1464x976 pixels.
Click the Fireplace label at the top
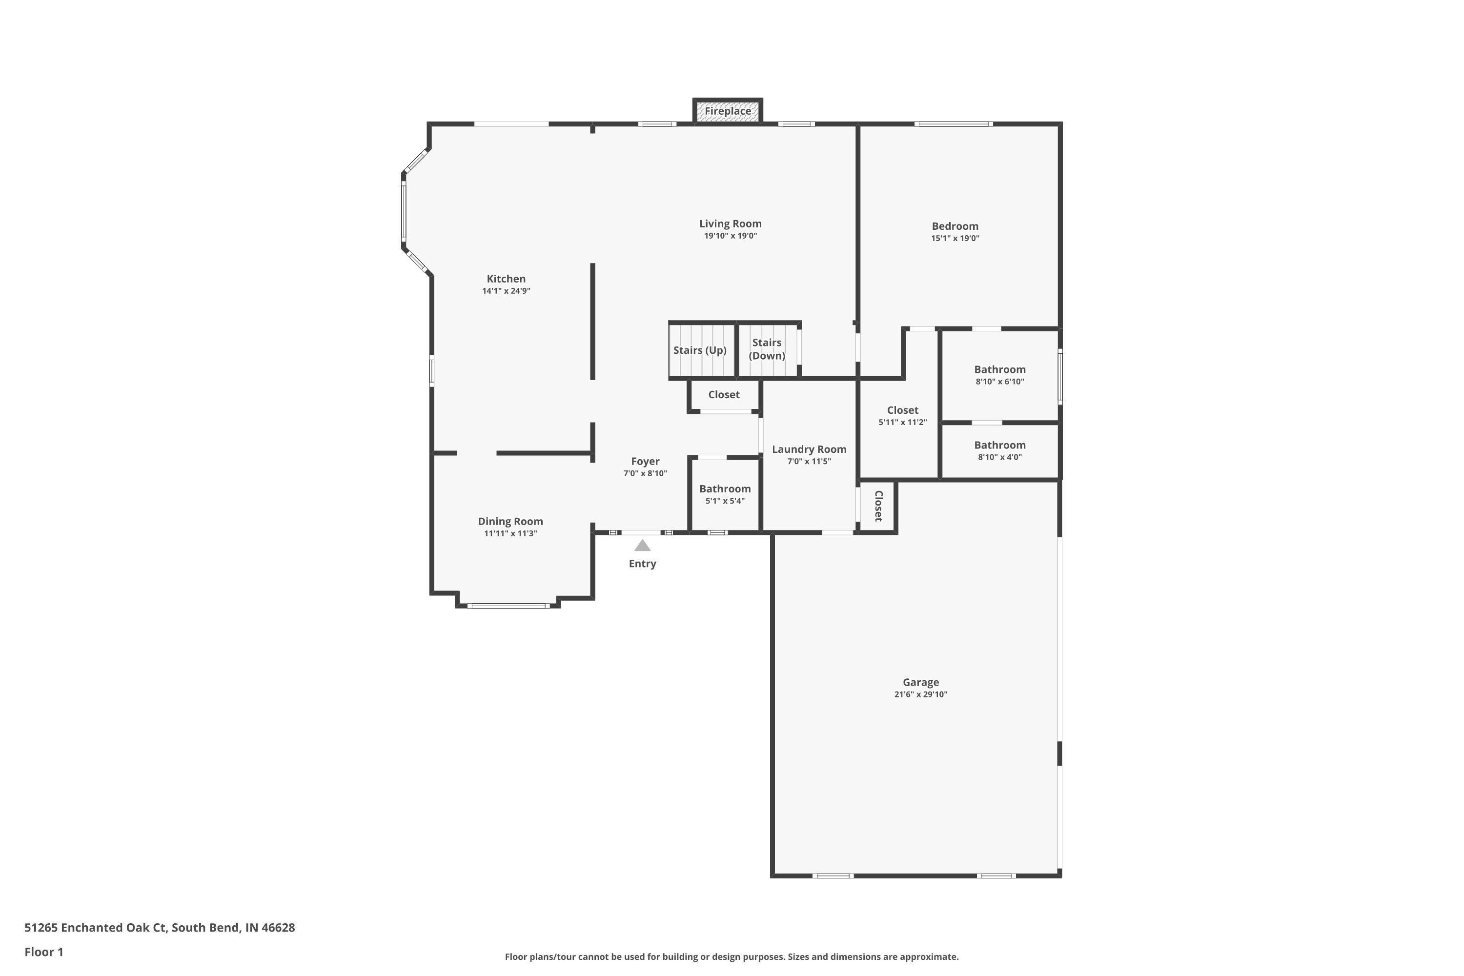[728, 111]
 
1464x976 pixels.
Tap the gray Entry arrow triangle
[642, 546]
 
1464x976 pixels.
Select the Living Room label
[730, 224]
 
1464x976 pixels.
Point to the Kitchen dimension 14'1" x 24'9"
[506, 291]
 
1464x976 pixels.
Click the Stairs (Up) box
[702, 350]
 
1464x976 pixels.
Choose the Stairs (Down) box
[768, 350]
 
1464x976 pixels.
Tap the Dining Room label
[510, 522]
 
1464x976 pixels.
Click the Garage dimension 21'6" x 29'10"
[920, 694]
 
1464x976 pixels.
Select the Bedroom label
[955, 226]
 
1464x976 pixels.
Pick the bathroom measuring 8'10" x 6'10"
[999, 375]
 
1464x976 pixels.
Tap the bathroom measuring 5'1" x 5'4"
[725, 495]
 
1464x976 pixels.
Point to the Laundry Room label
[809, 449]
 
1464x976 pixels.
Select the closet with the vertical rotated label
[877, 507]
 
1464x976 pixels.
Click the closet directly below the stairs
[724, 395]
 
